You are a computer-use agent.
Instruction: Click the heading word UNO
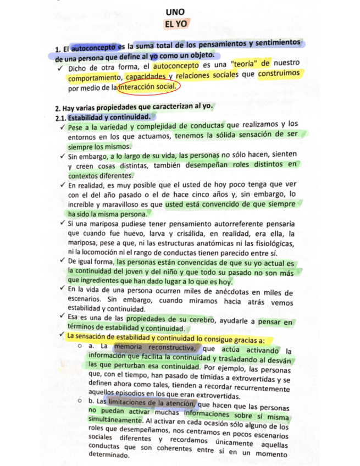click(x=176, y=13)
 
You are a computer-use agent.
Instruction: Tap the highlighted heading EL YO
click(x=175, y=24)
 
